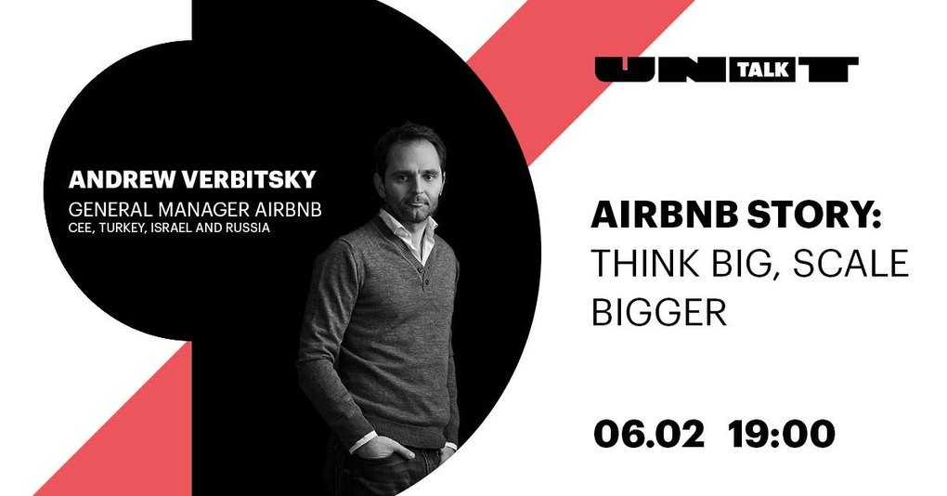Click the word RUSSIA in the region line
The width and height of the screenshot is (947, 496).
tap(248, 228)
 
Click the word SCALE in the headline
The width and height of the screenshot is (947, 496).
tap(850, 264)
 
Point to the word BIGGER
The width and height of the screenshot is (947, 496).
tap(658, 312)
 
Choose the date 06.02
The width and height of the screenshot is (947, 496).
tap(649, 434)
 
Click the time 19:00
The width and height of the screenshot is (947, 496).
tap(782, 434)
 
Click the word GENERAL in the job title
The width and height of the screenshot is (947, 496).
tap(111, 210)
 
